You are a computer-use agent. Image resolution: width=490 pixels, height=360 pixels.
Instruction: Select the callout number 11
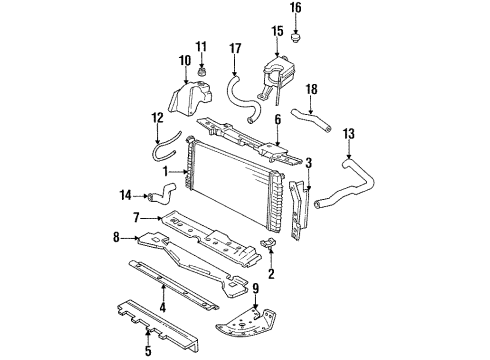tap(201, 46)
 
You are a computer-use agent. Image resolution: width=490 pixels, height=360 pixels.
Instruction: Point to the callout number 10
tap(185, 62)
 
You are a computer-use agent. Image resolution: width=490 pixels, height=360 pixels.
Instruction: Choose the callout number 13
tap(348, 134)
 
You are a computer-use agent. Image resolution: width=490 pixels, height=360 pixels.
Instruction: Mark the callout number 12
tap(156, 119)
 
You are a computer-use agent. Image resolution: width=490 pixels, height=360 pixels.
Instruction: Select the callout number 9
tap(256, 290)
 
